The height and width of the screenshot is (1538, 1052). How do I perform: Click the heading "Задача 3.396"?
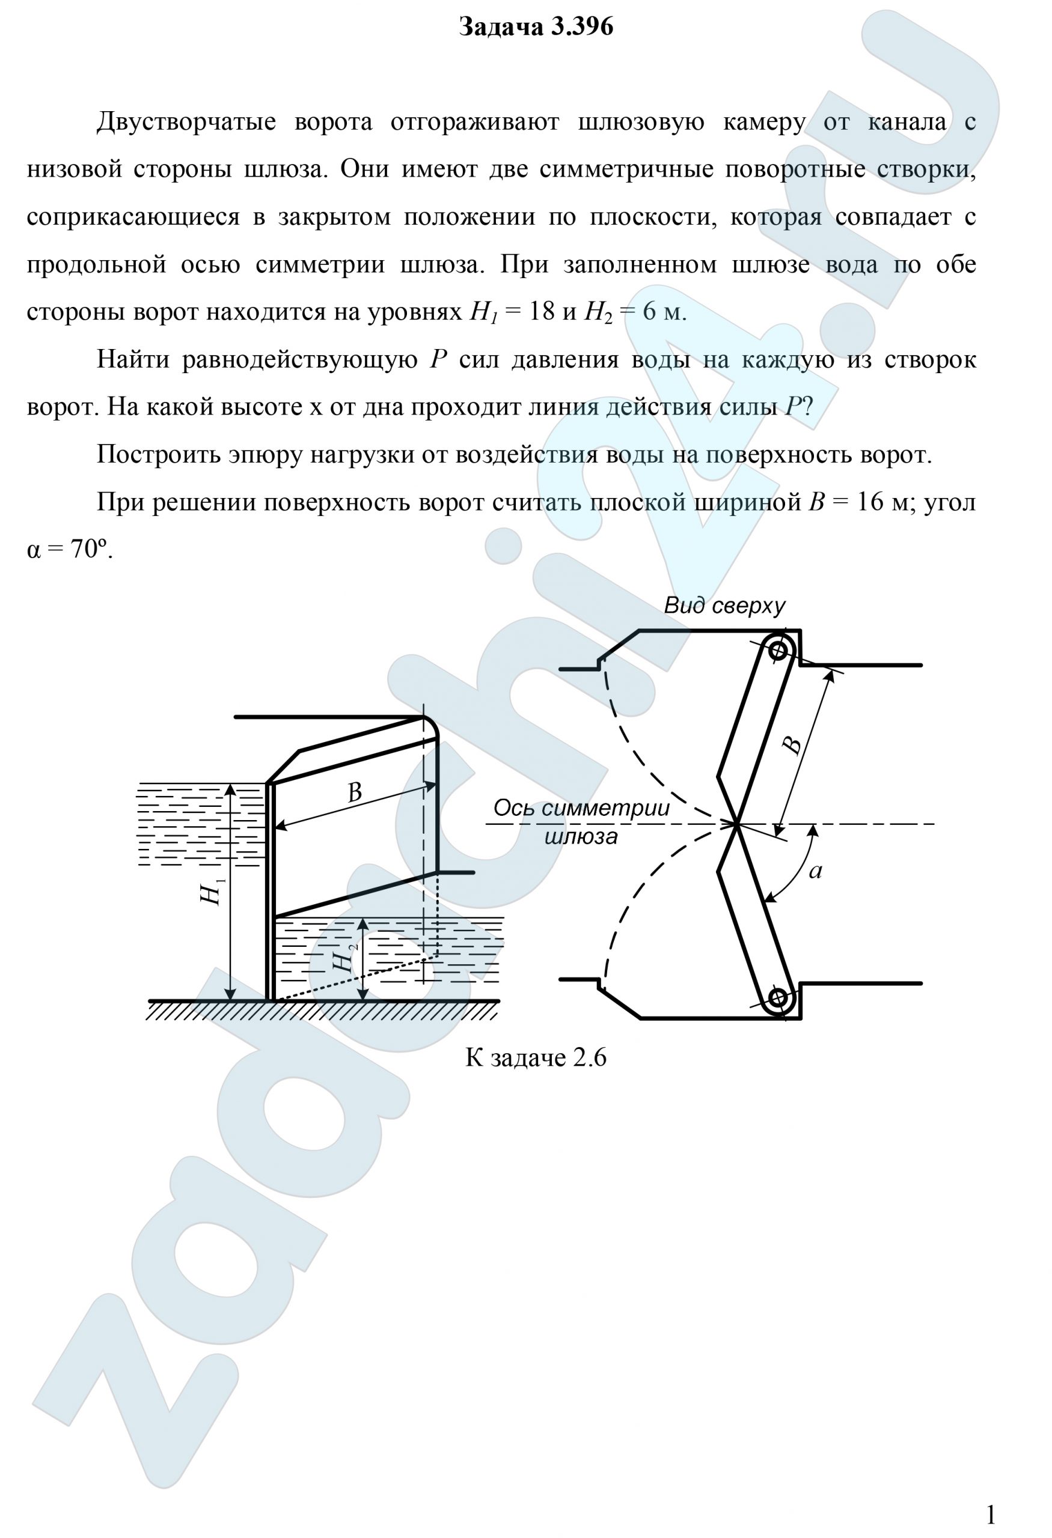(536, 27)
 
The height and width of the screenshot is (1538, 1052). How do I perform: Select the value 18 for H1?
(542, 312)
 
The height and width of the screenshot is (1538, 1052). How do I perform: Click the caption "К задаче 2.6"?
(536, 1057)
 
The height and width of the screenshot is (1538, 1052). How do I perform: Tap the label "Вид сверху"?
(724, 606)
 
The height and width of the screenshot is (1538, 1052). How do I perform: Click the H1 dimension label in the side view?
(211, 894)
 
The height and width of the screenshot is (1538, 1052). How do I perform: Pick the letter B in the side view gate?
(355, 792)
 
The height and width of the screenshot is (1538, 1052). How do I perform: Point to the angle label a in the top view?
(816, 872)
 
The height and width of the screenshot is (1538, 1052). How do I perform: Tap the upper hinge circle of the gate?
(778, 651)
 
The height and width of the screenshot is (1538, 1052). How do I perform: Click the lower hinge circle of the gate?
(778, 997)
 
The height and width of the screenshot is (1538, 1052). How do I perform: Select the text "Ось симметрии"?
(581, 808)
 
